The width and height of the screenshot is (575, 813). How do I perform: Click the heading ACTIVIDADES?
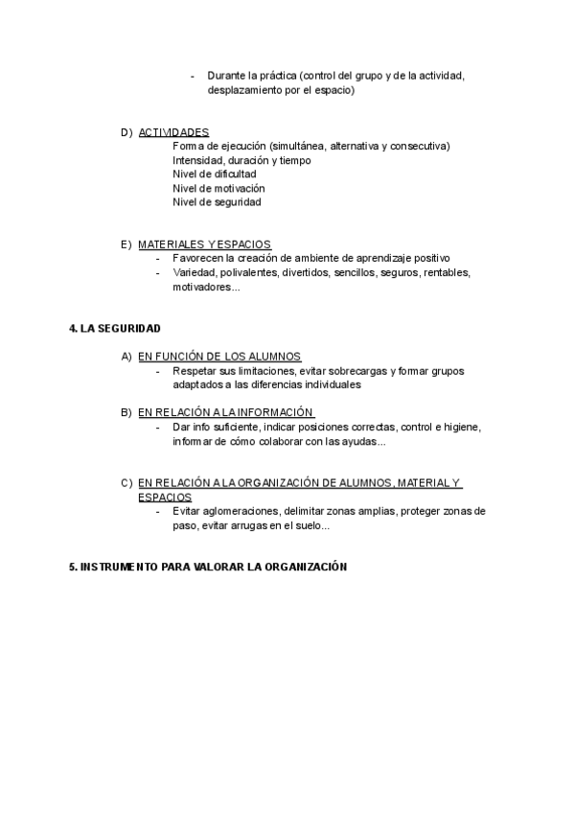click(173, 132)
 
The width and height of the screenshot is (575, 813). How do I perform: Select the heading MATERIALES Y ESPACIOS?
click(204, 244)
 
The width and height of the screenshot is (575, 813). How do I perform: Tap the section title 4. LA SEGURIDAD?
click(115, 328)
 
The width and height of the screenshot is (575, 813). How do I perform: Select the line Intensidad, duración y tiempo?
click(241, 160)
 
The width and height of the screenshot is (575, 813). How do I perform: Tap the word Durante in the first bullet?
click(226, 77)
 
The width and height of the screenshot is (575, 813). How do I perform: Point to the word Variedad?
click(194, 272)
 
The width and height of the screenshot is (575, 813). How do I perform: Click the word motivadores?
click(203, 287)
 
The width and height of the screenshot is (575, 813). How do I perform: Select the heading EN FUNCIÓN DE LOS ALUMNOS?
click(219, 357)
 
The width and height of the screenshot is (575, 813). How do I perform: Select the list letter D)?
click(126, 132)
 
